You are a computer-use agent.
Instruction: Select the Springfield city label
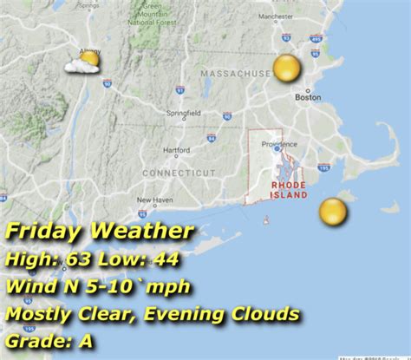click(184, 112)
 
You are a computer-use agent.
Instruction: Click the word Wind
click(34, 286)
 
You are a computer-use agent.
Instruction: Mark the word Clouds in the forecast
click(268, 313)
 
